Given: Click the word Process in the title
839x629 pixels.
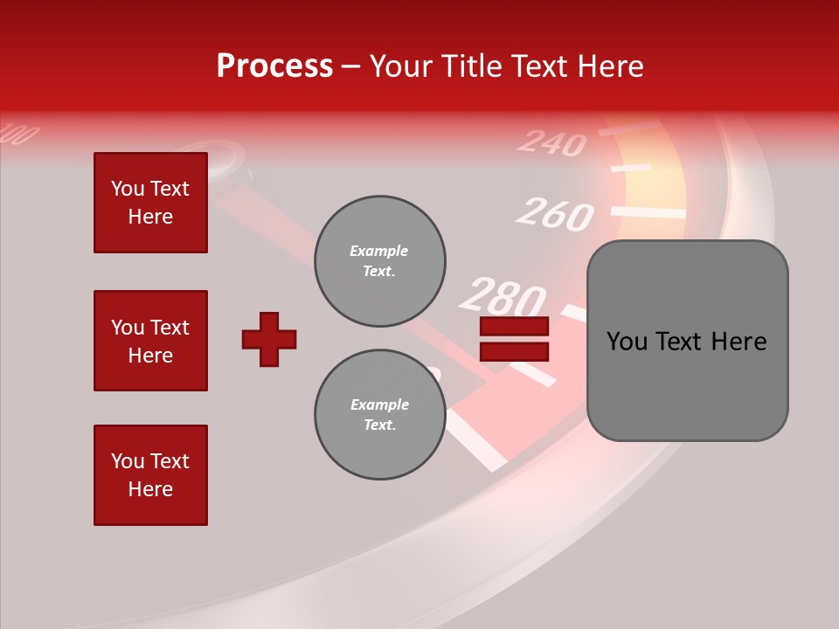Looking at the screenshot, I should (x=274, y=66).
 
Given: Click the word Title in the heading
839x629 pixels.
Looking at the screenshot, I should (x=469, y=66).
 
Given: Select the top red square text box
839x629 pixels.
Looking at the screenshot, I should (x=150, y=203).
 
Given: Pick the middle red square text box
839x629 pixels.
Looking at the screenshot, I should (x=150, y=341).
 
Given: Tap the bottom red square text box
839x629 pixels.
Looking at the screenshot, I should (x=150, y=475).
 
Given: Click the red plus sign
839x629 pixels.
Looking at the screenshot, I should (x=269, y=339).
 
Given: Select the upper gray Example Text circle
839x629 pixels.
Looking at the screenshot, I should (x=379, y=260).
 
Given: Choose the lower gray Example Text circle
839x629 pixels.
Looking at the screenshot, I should (x=379, y=415).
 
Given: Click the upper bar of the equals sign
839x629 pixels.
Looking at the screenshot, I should (x=514, y=327).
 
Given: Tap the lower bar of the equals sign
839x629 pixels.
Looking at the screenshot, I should (x=514, y=351).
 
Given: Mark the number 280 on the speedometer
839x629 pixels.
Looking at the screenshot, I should (x=502, y=298).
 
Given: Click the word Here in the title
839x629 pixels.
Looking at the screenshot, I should (x=609, y=66).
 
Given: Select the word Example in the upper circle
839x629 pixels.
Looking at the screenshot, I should (x=379, y=251).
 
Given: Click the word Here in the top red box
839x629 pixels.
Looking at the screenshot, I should (x=150, y=217).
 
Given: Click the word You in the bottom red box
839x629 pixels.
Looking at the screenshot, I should (x=126, y=461).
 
